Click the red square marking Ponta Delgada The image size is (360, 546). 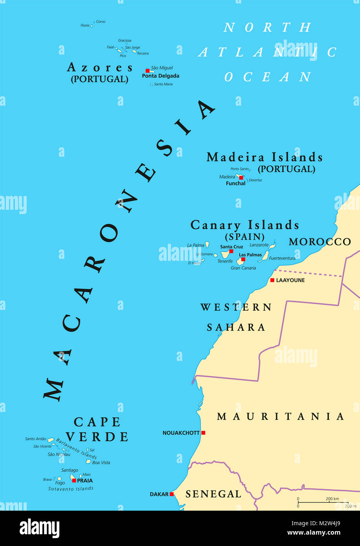click(148, 71)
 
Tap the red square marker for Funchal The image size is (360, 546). click(241, 178)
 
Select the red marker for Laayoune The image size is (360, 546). click(272, 280)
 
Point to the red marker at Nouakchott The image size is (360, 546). click(203, 433)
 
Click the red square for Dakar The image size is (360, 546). click(171, 494)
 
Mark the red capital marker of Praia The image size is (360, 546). click(74, 480)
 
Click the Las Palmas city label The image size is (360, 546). click(250, 255)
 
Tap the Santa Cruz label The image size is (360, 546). click(231, 247)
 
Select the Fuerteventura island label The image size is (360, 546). click(282, 258)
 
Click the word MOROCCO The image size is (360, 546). click(320, 242)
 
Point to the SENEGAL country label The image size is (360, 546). click(213, 494)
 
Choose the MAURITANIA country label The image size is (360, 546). click(281, 416)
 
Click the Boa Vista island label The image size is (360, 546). click(101, 463)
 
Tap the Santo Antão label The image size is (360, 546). click(35, 439)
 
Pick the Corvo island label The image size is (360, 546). click(101, 22)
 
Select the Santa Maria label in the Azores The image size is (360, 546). click(163, 84)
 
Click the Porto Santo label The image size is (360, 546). click(240, 169)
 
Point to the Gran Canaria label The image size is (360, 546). click(243, 268)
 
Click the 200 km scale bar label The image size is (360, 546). click(332, 499)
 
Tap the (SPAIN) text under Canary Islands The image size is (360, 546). click(244, 237)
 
